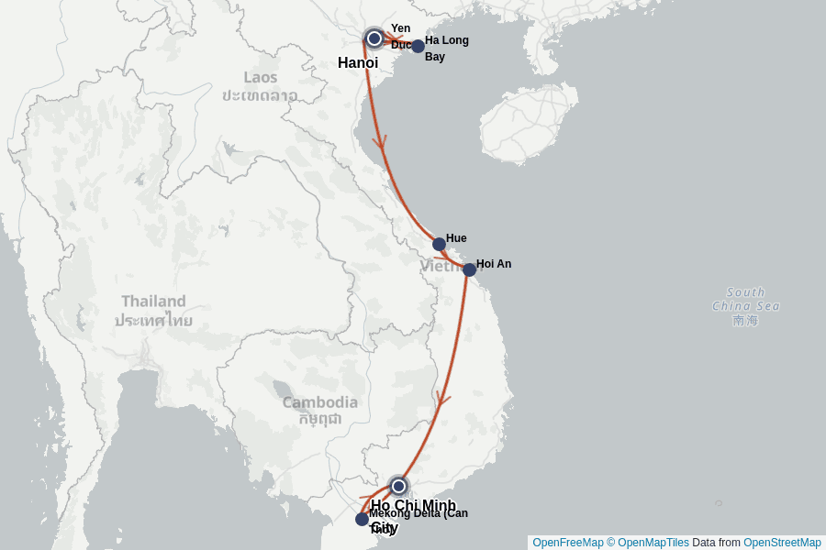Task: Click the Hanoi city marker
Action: (374, 38)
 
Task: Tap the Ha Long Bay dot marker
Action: (418, 46)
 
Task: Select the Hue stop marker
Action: (439, 244)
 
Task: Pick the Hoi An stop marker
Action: (469, 269)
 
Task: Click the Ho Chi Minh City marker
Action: (398, 486)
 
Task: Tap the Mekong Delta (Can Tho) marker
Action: (362, 519)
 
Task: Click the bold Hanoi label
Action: (358, 63)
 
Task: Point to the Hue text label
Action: (456, 238)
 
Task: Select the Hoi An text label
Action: (494, 264)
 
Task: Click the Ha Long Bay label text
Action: (447, 49)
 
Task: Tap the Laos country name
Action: (260, 77)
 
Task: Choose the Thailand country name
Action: (153, 301)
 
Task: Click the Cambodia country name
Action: (319, 402)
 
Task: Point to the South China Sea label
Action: (745, 300)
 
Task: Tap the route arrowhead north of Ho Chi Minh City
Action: (444, 399)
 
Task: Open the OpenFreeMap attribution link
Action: (567, 543)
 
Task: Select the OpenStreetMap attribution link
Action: (782, 543)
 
